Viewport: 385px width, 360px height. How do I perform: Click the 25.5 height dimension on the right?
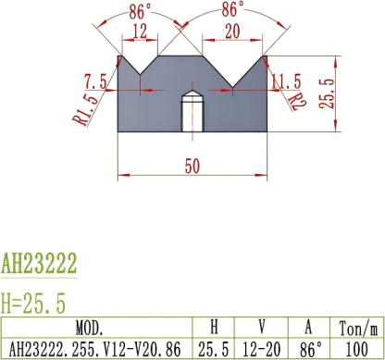tap(325, 93)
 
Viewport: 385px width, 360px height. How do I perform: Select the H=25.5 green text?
tap(33, 302)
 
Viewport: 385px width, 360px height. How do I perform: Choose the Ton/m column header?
tap(359, 328)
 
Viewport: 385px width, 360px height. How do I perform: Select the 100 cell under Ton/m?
tap(359, 348)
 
